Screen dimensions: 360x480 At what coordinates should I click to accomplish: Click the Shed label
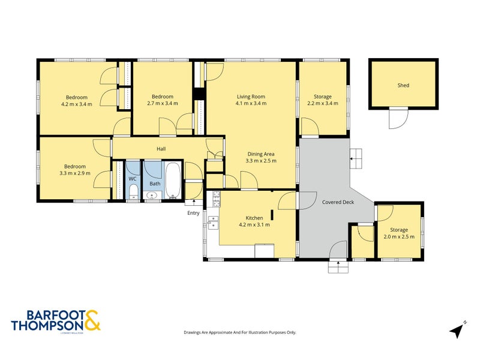403,85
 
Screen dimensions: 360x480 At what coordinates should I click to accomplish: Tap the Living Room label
251,97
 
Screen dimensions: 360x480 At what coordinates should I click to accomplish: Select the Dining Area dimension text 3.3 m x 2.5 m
261,161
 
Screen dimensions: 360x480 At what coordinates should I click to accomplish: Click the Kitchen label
254,218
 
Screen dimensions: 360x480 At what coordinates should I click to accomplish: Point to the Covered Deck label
338,202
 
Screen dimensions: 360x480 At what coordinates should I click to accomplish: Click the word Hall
161,149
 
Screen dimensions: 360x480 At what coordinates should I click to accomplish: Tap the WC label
133,179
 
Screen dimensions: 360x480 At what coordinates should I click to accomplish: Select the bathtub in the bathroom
173,179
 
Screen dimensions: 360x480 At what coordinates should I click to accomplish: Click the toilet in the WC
133,191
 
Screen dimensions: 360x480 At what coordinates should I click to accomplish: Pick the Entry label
193,213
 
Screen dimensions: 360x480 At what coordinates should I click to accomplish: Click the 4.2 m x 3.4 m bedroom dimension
77,104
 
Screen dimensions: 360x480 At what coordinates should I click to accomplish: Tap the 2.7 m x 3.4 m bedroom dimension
162,103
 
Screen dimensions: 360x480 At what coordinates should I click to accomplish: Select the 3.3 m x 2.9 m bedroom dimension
76,173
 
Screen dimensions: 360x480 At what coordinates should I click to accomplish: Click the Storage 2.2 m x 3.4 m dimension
322,103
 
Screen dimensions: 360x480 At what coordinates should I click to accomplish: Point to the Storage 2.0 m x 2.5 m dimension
398,236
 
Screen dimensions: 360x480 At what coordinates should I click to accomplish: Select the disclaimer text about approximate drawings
239,332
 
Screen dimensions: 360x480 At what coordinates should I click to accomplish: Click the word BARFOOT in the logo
47,314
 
